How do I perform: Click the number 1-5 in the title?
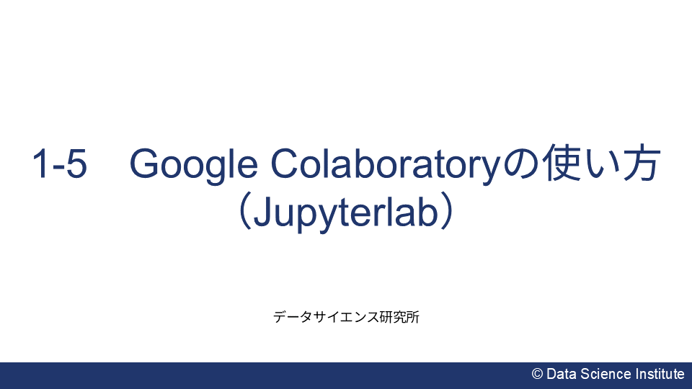tap(59, 165)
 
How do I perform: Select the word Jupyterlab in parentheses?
tap(346, 214)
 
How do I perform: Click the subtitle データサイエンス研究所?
tap(346, 317)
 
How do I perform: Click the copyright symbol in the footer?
tap(537, 374)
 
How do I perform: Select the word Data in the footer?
tap(560, 374)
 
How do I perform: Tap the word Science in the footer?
tap(604, 374)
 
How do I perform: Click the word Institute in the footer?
tap(660, 374)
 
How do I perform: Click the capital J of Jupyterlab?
tap(265, 213)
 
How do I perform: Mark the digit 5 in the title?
tap(76, 165)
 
